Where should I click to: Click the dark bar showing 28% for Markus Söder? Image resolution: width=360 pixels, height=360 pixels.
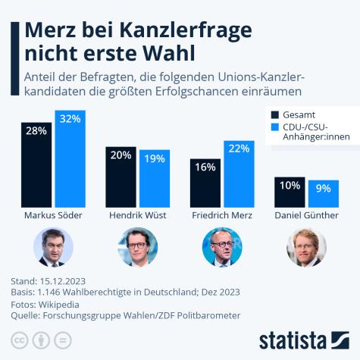[x=36, y=164]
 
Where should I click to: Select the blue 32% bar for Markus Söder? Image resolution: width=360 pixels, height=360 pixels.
[x=70, y=158]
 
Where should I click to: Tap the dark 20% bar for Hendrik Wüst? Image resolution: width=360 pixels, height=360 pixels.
[x=121, y=177]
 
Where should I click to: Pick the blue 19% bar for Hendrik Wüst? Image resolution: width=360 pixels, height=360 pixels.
[x=154, y=179]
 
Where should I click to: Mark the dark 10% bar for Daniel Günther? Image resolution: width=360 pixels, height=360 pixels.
[x=289, y=193]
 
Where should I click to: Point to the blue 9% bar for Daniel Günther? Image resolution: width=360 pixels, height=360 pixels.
[x=322, y=194]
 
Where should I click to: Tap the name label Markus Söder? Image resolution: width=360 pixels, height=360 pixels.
[x=52, y=216]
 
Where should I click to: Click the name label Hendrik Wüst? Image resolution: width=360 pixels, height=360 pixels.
[x=137, y=216]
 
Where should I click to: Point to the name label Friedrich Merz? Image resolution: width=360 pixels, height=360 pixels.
[x=221, y=216]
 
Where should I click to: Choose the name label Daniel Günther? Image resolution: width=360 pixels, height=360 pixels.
[x=305, y=216]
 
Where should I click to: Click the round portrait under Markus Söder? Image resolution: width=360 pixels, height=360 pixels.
[x=52, y=248]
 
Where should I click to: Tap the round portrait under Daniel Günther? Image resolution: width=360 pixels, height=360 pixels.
[x=306, y=248]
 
